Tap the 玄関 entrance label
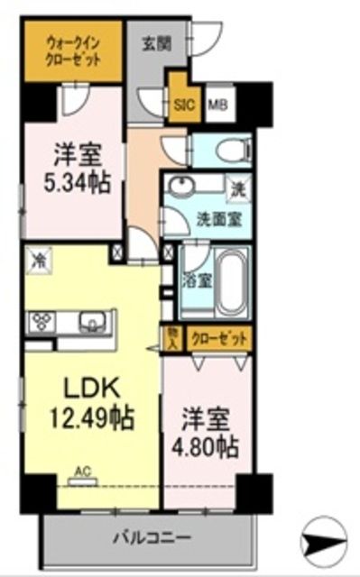tap(157, 41)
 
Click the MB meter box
tap(217, 103)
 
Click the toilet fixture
tap(226, 149)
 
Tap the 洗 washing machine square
tap(238, 188)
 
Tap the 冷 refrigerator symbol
tap(40, 259)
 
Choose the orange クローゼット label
tap(219, 337)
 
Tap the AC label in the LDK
tap(82, 471)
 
